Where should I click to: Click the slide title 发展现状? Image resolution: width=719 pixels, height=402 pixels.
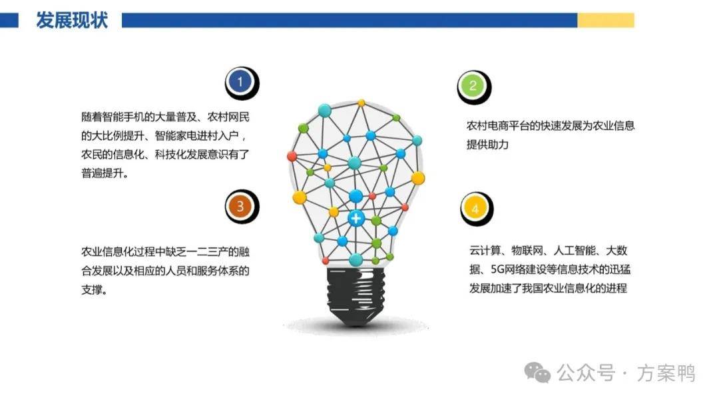point(72,21)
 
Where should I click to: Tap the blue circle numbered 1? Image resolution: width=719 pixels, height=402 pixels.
point(240,82)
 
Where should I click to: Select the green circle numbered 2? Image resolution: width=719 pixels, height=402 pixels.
point(472,86)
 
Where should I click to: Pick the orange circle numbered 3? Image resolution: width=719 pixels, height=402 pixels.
point(240,205)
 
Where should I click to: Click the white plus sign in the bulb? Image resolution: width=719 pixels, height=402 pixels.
point(356,218)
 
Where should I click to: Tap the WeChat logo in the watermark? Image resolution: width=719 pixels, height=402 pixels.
point(537,372)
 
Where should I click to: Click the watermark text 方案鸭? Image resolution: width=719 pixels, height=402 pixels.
point(666,373)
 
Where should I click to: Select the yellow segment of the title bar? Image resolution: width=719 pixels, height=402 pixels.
point(606,20)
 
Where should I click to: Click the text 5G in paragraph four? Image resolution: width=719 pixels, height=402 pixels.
point(497,269)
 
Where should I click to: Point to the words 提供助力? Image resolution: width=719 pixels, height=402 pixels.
point(487,145)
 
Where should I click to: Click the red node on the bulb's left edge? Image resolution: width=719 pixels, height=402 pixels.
point(292,156)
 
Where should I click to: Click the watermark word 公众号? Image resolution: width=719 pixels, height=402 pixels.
point(586,373)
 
